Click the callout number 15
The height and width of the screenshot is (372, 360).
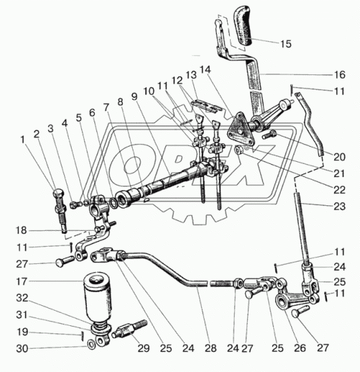(x=286, y=44)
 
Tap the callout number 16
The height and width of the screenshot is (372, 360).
(x=339, y=74)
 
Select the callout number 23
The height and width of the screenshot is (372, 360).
(x=339, y=207)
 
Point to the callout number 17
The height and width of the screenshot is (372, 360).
(x=21, y=282)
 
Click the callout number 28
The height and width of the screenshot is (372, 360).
(x=211, y=348)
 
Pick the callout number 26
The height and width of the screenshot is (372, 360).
(x=300, y=348)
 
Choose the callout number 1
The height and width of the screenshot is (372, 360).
(x=23, y=140)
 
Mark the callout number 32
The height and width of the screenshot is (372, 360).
(x=22, y=298)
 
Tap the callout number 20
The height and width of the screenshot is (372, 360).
(x=339, y=157)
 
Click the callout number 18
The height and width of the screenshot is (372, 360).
(x=21, y=230)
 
